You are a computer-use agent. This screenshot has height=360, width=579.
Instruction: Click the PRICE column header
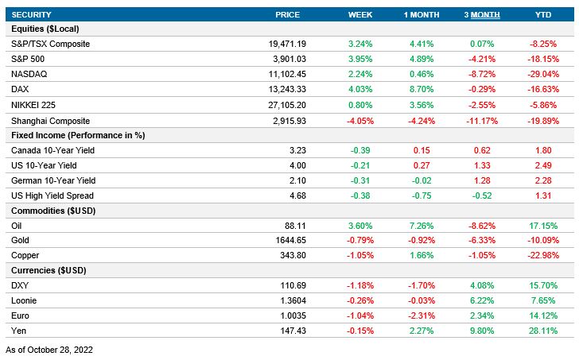[x=287, y=15]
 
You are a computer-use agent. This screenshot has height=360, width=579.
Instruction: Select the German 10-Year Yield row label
[x=52, y=180]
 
